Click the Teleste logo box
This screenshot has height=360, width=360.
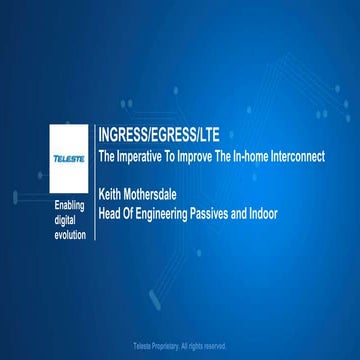point(71,158)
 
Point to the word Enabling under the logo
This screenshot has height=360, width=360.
point(71,206)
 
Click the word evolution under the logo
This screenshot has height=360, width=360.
point(71,234)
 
